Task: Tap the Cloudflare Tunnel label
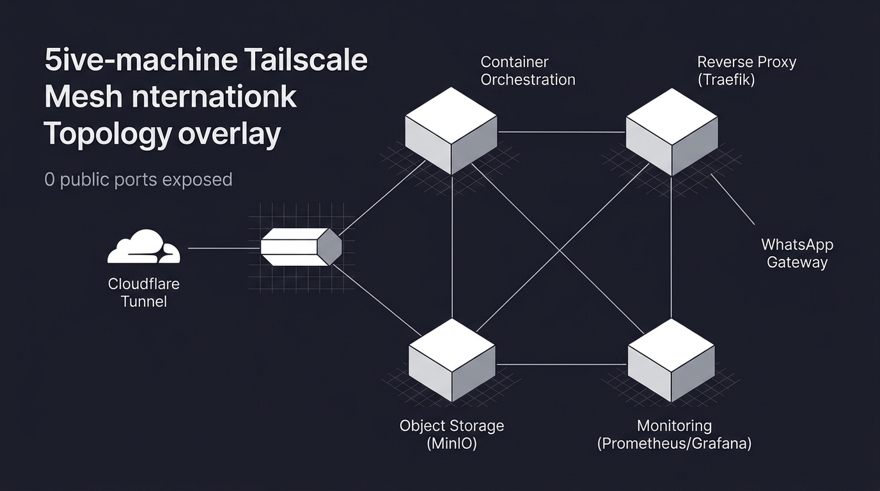tap(143, 292)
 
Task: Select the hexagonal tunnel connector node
tap(301, 247)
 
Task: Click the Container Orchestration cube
tap(452, 131)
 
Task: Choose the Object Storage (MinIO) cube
tap(452, 361)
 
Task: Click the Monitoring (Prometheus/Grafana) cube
tap(671, 361)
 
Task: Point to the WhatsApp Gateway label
tap(797, 253)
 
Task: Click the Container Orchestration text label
tap(528, 70)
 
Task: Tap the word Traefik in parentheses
tap(726, 80)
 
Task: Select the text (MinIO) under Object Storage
tap(452, 444)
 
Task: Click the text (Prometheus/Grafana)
tap(674, 444)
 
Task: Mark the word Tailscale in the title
tap(306, 60)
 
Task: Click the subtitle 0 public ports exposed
tap(138, 180)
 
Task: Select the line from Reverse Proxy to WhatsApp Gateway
tap(733, 199)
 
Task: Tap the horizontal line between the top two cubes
tap(561, 132)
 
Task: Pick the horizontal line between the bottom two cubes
tap(561, 365)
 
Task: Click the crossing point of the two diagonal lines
tap(562, 245)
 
